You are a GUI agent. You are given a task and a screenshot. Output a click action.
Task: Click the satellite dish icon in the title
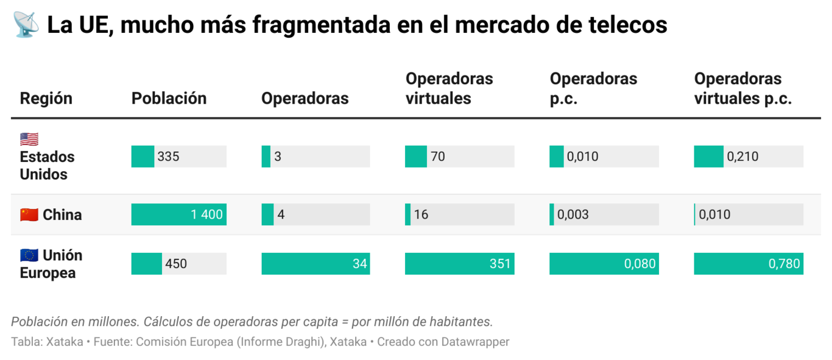pos(26,24)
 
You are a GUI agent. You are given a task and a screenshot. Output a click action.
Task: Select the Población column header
pos(169,98)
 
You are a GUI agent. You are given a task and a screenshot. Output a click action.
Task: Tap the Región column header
pos(46,98)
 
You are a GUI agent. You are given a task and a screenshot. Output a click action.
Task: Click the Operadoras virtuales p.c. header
pos(742,89)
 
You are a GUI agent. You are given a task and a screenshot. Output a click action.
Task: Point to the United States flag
pos(29,139)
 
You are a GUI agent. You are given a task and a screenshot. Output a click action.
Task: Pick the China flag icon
pos(29,214)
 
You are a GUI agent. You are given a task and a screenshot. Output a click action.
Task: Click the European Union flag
pos(29,255)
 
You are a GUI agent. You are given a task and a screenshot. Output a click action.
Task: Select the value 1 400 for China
pos(206,214)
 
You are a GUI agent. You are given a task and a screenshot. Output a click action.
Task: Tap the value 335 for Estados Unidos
pos(168,157)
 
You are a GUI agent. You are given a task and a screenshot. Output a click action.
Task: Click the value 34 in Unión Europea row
pos(359,264)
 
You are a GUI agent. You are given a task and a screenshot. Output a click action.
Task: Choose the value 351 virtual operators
pos(499,264)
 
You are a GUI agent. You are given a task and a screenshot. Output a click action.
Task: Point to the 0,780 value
pos(784,264)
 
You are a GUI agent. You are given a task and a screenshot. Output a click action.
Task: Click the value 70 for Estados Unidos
pos(437,157)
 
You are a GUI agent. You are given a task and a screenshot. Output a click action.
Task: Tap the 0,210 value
pos(742,157)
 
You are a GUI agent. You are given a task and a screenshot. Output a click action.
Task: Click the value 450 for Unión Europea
pos(176,264)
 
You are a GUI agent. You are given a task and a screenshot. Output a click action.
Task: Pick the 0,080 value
pos(640,264)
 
